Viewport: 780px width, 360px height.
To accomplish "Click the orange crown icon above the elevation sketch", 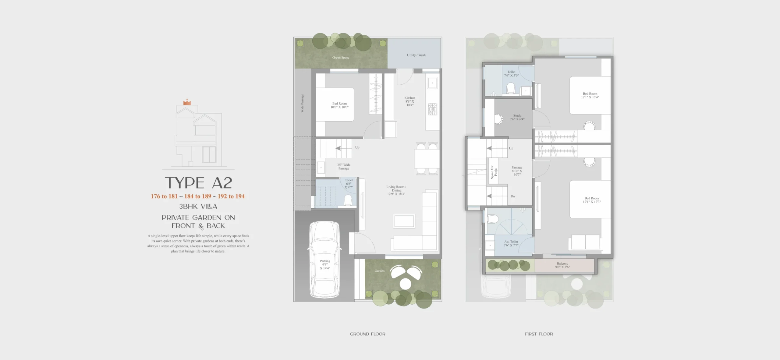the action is point(187,102).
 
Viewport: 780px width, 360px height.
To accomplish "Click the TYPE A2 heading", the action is point(198,183).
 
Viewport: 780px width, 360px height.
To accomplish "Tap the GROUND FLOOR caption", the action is point(367,334).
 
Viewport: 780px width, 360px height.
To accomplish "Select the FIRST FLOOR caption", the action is point(539,334).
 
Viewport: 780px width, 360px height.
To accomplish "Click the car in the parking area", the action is point(325,260).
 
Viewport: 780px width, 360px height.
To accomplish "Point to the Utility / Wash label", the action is point(416,55).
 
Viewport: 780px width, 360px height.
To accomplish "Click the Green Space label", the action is point(341,58).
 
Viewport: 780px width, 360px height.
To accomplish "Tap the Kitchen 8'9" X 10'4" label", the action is point(410,101).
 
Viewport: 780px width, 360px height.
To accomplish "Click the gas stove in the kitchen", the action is point(432,109).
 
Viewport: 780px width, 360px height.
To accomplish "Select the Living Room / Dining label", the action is point(396,190).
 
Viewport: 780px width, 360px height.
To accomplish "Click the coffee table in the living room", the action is point(404,221).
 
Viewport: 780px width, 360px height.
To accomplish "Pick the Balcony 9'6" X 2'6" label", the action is point(562,265).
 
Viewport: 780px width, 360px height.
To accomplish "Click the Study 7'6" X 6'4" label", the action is point(517,117).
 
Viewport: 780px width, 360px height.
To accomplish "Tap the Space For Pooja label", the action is point(494,172).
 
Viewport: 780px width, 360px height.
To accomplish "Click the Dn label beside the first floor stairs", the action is point(513,196).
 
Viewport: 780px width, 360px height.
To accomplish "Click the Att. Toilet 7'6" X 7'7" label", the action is point(511,243).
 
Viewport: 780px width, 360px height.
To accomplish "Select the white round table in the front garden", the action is point(405,284).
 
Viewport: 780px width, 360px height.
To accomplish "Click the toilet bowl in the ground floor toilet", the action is point(348,200).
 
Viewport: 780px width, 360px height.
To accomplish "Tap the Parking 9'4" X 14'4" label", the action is point(325,265).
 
